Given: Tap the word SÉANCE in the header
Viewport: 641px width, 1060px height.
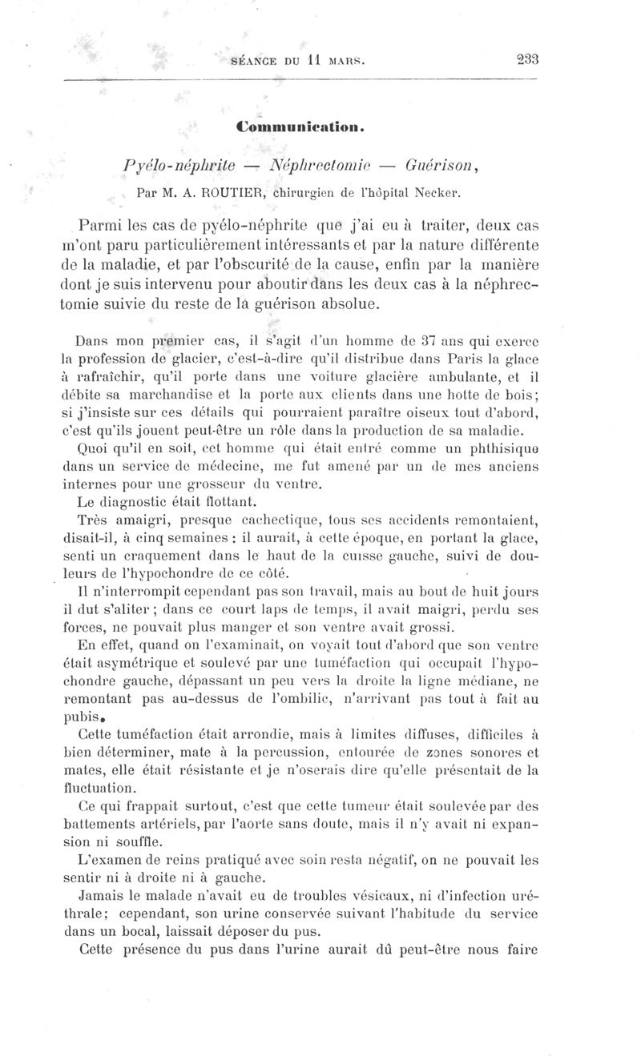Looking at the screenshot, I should (x=253, y=59).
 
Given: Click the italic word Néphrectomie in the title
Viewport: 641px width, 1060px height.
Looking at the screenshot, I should (x=320, y=166).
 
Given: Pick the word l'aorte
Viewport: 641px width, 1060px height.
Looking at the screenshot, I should (x=264, y=825).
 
